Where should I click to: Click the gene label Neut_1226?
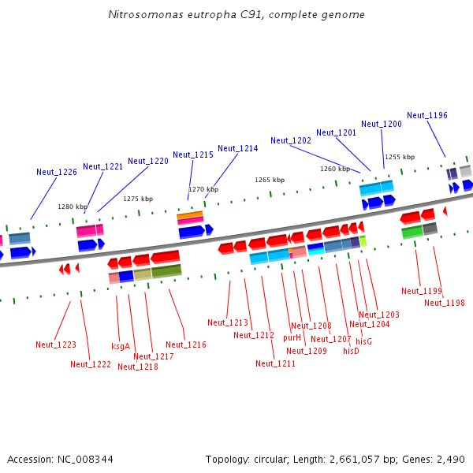(x=57, y=172)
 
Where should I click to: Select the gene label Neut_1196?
(x=427, y=115)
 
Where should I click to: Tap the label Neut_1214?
(x=238, y=148)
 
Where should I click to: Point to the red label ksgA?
(x=121, y=346)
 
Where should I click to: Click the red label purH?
(x=292, y=337)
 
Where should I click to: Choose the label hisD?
(x=351, y=351)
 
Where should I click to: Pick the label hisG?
(x=363, y=341)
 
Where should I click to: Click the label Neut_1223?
(x=56, y=345)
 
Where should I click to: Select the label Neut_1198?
(x=445, y=303)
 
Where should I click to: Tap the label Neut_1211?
(x=276, y=363)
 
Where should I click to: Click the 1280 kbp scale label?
(x=72, y=207)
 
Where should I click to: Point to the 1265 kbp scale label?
(x=269, y=180)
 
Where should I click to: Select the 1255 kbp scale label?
(x=400, y=157)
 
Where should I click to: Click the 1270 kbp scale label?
(x=203, y=189)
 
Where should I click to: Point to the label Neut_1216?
(x=186, y=345)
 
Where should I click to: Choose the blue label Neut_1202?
(x=291, y=140)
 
